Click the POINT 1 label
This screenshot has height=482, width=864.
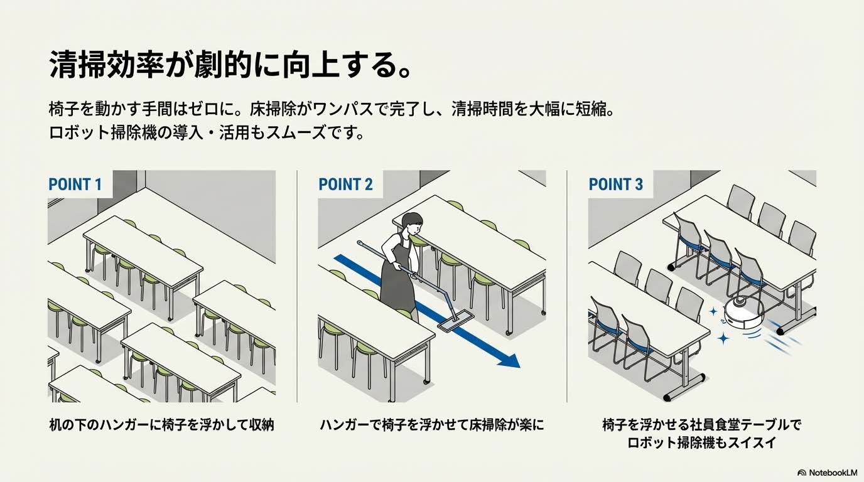click(75, 185)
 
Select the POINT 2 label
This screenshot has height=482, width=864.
click(345, 185)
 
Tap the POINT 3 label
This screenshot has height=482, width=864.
click(615, 185)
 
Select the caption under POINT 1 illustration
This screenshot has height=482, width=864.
click(162, 425)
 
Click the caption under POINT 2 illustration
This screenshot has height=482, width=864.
click(431, 425)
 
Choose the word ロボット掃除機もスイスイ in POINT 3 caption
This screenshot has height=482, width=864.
click(702, 442)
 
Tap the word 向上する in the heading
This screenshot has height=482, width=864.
click(327, 65)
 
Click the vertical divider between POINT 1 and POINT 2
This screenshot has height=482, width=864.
click(297, 286)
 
